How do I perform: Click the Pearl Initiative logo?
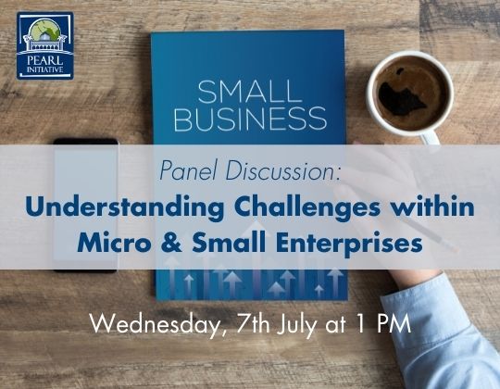click(x=44, y=45)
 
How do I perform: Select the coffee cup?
click(x=408, y=94)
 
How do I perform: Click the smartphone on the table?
click(x=85, y=205)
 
